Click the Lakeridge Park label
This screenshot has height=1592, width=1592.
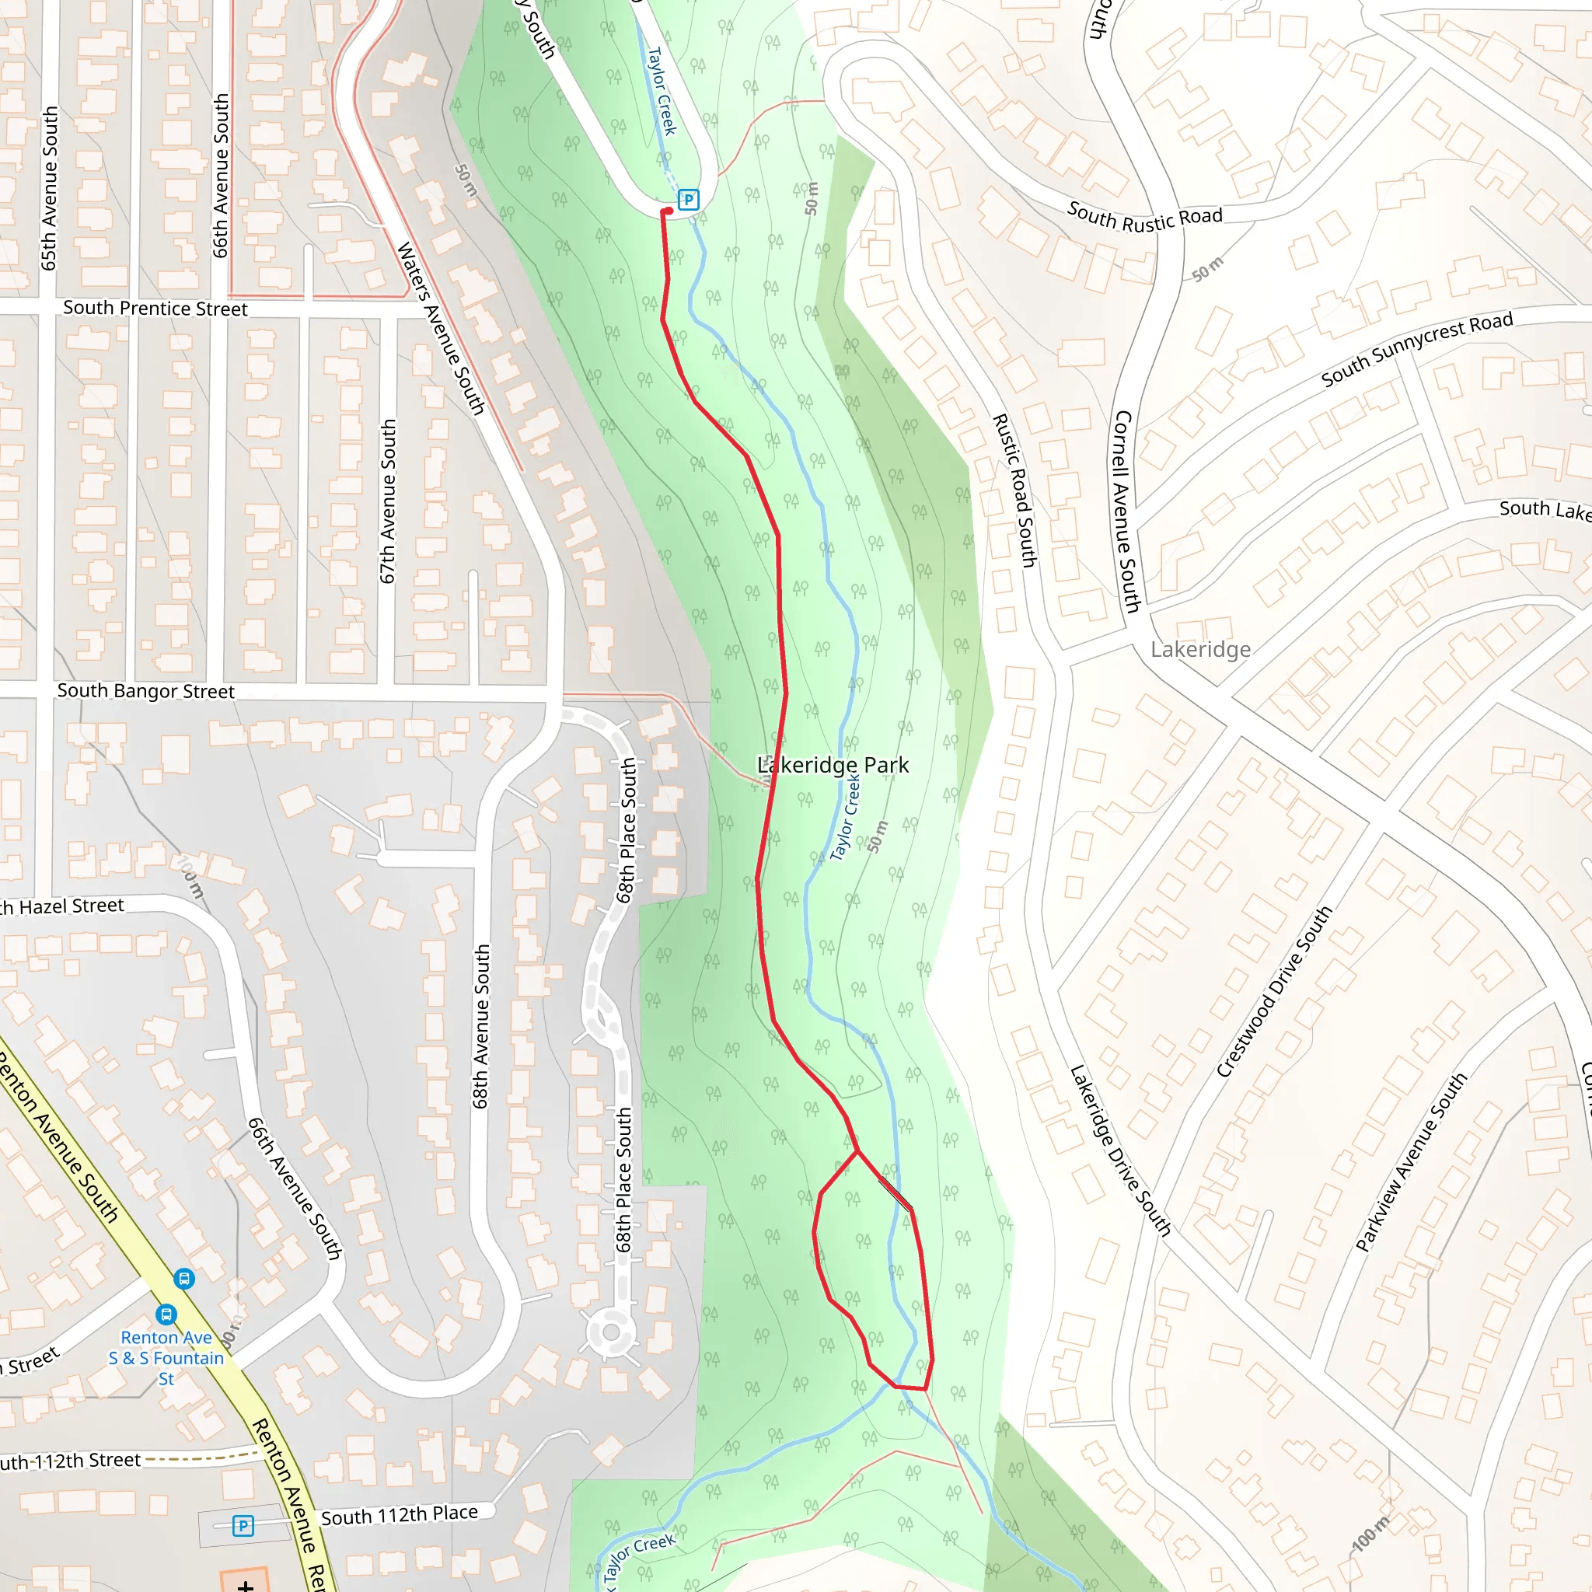coord(833,766)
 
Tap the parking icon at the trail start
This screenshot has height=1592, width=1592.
coord(688,200)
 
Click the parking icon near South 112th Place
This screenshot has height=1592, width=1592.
coord(243,1526)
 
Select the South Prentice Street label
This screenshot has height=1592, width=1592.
coord(155,308)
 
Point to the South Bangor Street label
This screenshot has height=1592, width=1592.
coord(146,690)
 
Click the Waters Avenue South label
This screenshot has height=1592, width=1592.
coord(441,327)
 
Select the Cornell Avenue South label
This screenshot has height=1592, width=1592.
coord(1126,511)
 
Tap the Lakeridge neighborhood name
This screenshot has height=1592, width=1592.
coord(1200,649)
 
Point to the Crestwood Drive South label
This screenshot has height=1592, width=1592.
coord(1274,991)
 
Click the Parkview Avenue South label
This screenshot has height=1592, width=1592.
coord(1412,1162)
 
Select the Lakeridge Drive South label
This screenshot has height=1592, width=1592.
coord(1120,1150)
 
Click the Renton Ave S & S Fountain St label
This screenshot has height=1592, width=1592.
coord(166,1357)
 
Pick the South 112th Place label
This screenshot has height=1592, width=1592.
coord(399,1514)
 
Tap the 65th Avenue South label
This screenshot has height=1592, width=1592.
coord(50,188)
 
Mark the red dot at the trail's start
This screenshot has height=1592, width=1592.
coord(668,211)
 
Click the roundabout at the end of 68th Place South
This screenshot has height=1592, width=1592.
coord(610,1332)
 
